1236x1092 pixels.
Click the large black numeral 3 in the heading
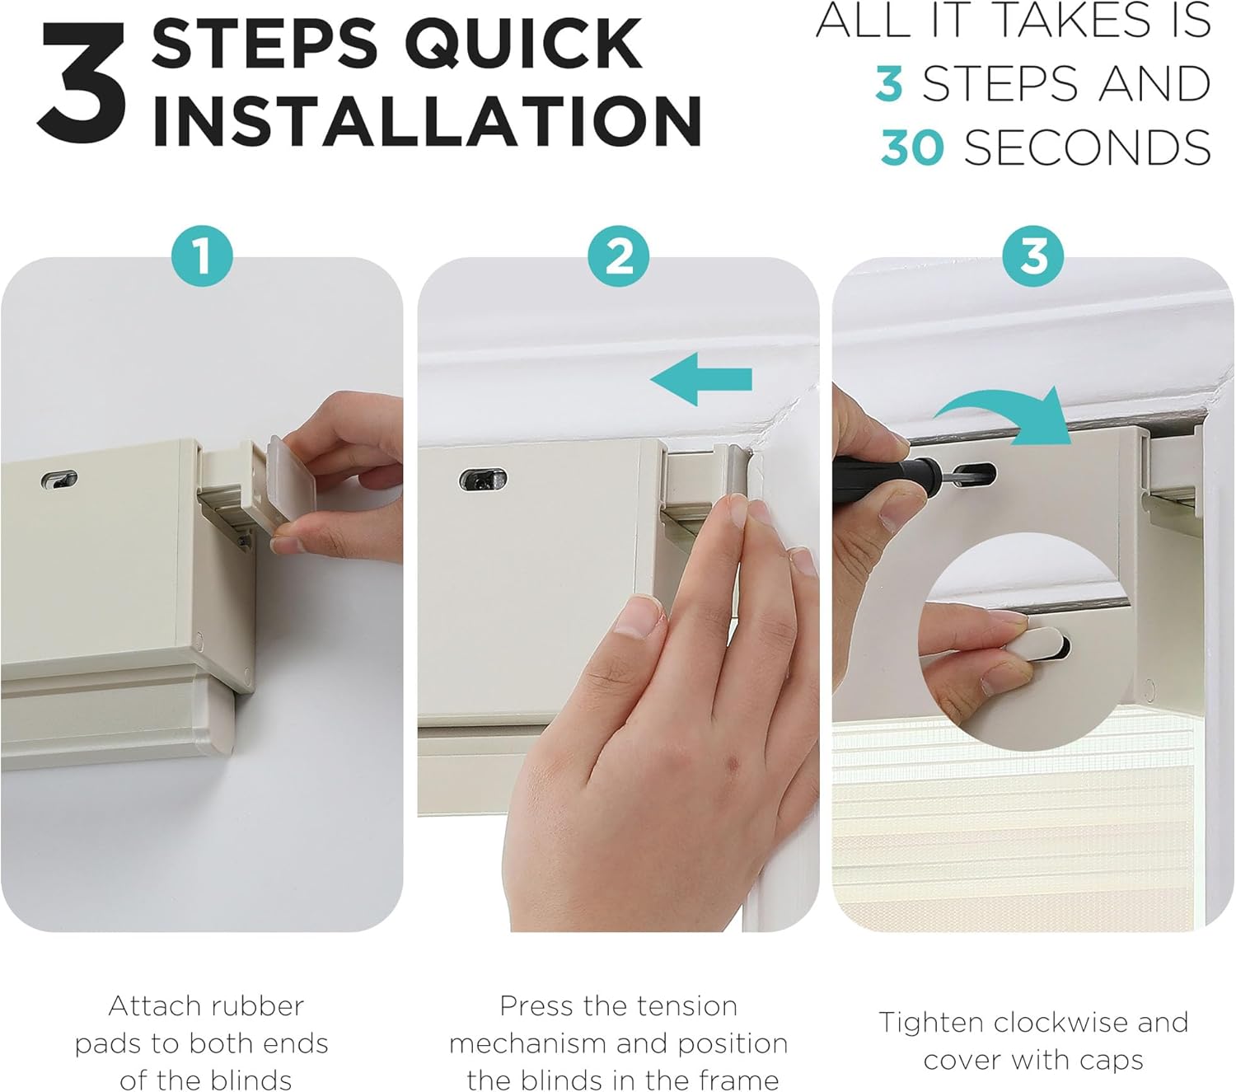82,83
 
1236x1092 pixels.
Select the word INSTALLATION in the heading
427,120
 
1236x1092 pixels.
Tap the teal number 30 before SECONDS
913,148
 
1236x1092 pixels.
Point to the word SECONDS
1087,148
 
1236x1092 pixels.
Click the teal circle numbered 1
202,255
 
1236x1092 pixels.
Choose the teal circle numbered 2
618,255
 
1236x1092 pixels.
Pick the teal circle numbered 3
1032,255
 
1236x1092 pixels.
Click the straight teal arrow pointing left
701,379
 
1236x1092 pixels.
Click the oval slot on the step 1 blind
59,479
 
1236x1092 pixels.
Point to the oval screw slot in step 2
483,480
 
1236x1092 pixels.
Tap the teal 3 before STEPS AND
889,83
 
